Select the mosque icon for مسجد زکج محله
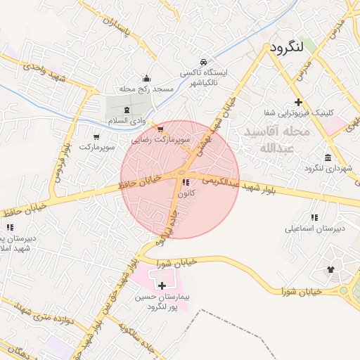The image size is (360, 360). click(146, 79)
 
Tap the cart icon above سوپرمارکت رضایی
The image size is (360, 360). click(160, 129)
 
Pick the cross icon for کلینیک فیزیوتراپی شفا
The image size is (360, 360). click(299, 102)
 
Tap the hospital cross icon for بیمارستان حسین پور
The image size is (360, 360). click(163, 285)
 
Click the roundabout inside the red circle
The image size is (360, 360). click(181, 173)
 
